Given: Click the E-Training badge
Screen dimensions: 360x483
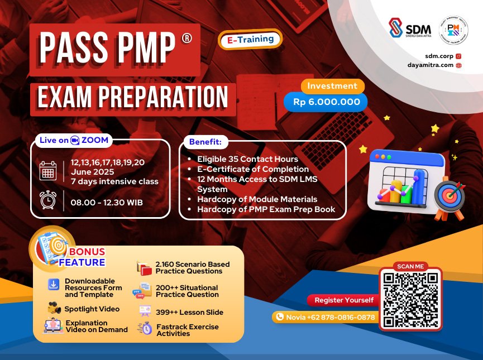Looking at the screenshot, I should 251,39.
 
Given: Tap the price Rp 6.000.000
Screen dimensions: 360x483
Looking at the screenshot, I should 326,102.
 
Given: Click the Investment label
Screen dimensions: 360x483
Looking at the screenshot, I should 332,86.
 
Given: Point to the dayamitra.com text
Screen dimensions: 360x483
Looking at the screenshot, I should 431,65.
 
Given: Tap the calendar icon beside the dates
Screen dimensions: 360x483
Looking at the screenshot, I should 48,170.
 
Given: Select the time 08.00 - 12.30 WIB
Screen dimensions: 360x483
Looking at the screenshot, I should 107,201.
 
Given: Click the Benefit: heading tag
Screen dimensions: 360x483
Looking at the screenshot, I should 205,142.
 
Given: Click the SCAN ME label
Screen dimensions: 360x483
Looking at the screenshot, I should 410,266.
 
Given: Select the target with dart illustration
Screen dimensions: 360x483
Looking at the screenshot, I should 449,196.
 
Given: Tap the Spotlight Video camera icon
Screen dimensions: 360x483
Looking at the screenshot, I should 54,308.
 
